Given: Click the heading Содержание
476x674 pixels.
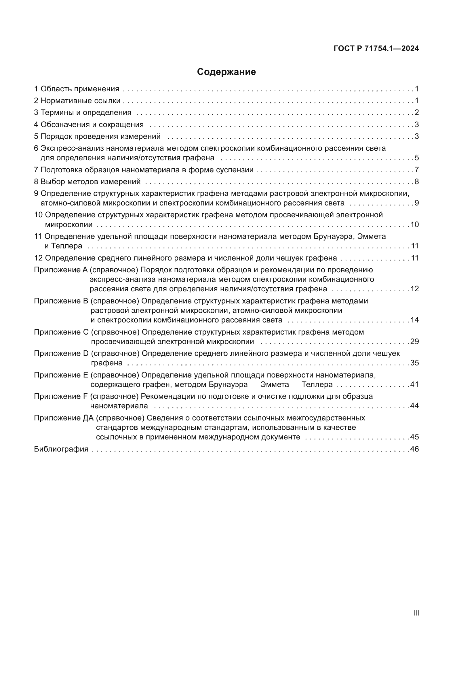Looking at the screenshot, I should pyautogui.click(x=226, y=72).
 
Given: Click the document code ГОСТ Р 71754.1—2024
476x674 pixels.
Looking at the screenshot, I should pyautogui.click(x=376, y=49).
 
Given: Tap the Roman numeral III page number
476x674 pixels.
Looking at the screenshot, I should pyautogui.click(x=416, y=613).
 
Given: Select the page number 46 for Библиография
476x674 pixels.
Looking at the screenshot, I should pyautogui.click(x=414, y=449).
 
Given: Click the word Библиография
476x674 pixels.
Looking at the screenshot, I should pyautogui.click(x=61, y=449).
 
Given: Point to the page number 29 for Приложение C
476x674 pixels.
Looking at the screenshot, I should pyautogui.click(x=414, y=341).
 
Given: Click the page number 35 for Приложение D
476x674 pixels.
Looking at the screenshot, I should pyautogui.click(x=414, y=363).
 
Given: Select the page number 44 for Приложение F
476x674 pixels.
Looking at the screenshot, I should pyautogui.click(x=414, y=406).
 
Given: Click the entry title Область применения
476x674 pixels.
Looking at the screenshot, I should pyautogui.click(x=80, y=89).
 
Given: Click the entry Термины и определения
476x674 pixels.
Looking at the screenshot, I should pyautogui.click(x=85, y=112).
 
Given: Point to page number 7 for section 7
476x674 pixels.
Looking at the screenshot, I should pyautogui.click(x=416, y=170).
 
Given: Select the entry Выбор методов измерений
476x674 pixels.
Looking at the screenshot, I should pyautogui.click(x=90, y=182).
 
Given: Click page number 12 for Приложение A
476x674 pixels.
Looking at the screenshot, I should pyautogui.click(x=414, y=288).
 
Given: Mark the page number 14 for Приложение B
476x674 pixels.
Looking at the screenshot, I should pyautogui.click(x=414, y=320).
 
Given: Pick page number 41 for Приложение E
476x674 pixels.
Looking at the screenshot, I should pyautogui.click(x=414, y=384).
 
